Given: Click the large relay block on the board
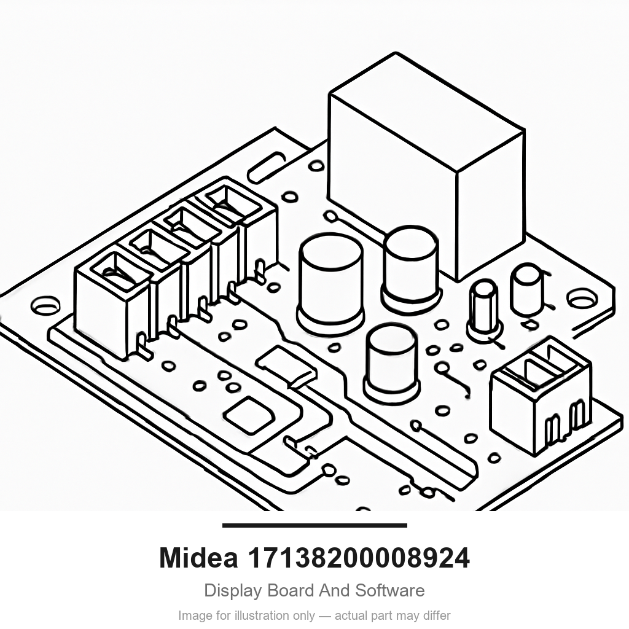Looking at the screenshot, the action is pyautogui.click(x=426, y=166).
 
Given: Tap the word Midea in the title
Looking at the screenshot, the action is pyautogui.click(x=198, y=558).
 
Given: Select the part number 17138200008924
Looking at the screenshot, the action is pyautogui.click(x=358, y=558).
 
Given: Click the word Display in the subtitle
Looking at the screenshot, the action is pyautogui.click(x=233, y=590).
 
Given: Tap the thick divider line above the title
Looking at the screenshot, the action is pyautogui.click(x=314, y=525).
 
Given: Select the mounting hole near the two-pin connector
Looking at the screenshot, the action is pyautogui.click(x=582, y=299).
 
